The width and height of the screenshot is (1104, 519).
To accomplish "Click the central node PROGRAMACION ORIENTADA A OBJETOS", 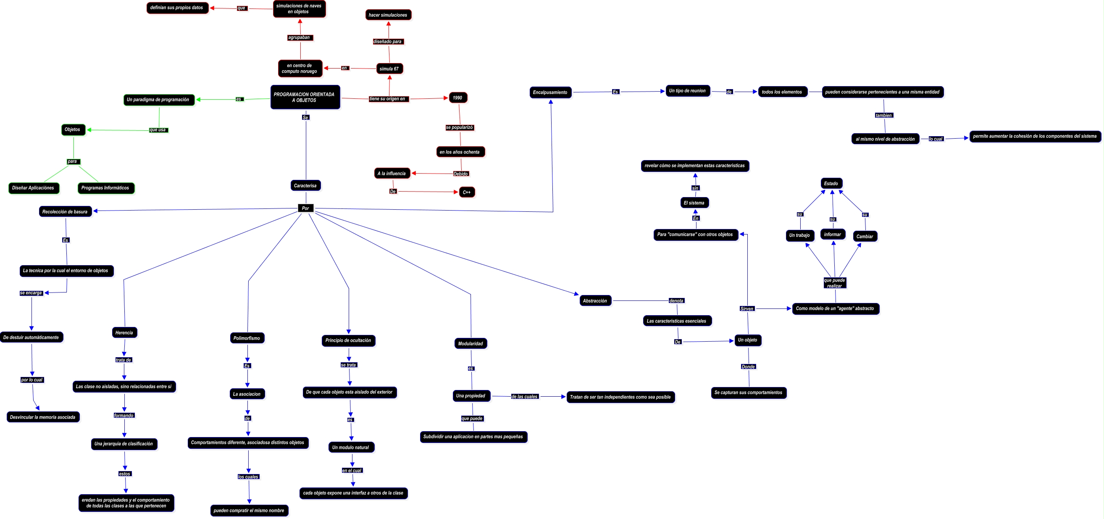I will pos(305,97).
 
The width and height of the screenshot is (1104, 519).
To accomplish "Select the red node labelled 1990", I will pos(458,98).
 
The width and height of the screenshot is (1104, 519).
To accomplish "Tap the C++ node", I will pos(466,192).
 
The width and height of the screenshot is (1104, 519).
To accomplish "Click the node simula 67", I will pos(389,68).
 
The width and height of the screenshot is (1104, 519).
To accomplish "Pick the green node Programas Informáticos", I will pos(105,188).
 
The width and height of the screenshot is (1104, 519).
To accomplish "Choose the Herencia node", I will pos(124,332).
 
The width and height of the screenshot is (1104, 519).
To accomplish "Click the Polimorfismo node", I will pos(247,338).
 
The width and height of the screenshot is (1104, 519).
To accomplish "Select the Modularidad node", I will pos(470,344).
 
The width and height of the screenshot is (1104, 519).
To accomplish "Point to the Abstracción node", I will pos(595,301).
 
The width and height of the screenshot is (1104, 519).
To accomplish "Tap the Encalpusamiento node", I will pos(550,92).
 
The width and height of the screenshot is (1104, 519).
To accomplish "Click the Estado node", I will pos(831,183).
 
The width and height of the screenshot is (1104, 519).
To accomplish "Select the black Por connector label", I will pos(305,208).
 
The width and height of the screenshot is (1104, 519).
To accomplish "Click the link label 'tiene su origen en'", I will pos(387,99).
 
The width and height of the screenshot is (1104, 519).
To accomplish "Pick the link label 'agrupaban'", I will pos(299,38).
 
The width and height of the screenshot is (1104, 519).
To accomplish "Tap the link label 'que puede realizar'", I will pos(834,283).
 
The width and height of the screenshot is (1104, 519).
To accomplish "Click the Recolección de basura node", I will pos(65,212).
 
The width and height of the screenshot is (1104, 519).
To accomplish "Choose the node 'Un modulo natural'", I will pos(351,448).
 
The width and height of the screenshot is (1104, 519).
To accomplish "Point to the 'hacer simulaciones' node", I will pos(388,15).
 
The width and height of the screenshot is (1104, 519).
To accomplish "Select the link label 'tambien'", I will pos(884,115).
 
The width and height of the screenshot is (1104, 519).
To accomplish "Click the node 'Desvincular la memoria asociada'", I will pos(43,417).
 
